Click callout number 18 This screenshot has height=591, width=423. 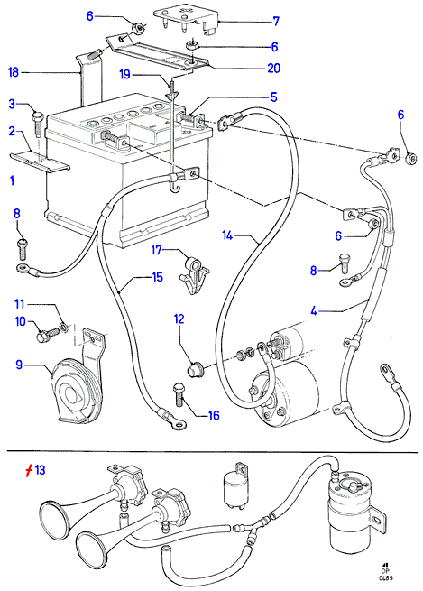14,71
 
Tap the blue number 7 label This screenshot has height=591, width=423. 276,21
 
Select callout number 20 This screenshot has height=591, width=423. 274,68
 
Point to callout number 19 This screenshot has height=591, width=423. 125,74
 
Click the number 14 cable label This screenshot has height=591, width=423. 227,235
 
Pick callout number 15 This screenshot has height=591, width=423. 157,277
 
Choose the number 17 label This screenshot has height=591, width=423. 157,250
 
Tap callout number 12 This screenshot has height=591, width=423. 179,319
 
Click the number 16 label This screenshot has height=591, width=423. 214,415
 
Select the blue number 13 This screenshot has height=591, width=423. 40,470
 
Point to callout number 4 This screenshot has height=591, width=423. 314,311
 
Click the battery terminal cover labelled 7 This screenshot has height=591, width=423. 187,22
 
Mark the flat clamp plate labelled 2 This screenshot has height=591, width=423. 40,162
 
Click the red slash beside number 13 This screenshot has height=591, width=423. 29,470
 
